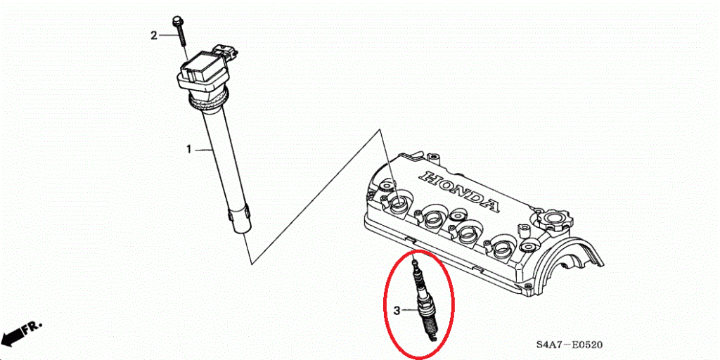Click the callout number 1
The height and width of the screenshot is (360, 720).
click(x=188, y=149)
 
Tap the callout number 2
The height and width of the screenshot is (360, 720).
click(x=154, y=35)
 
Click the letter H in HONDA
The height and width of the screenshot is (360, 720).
click(x=428, y=175)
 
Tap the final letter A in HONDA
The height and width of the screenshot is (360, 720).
click(x=490, y=205)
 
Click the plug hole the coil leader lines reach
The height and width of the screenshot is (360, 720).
click(x=398, y=203)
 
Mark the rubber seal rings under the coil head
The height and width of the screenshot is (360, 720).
click(x=205, y=104)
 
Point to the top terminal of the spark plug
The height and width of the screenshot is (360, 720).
click(x=415, y=262)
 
